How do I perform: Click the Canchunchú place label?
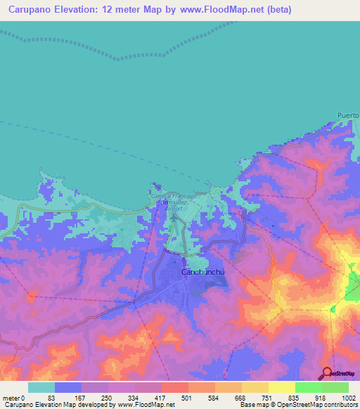coord(204,271)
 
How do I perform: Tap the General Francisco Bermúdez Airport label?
coord(173,200)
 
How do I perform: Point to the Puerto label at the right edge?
coord(348,115)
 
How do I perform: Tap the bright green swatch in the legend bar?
coord(309,387)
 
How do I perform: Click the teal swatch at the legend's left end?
coord(41,387)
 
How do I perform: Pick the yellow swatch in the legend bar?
coord(255,387)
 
